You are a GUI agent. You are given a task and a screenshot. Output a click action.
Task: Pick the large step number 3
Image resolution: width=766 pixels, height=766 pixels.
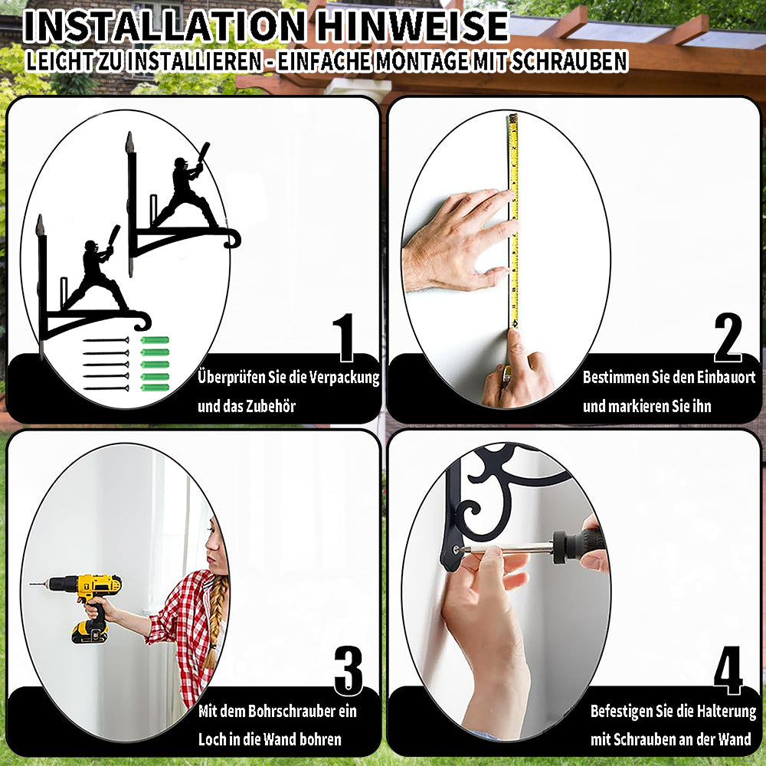(x=349, y=670)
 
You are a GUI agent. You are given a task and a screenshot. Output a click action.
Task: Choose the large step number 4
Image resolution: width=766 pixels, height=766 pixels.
(x=728, y=670)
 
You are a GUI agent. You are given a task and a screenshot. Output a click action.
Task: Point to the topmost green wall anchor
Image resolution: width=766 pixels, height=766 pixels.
(x=155, y=340)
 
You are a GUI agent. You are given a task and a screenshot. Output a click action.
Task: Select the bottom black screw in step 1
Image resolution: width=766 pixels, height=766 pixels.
(x=106, y=388)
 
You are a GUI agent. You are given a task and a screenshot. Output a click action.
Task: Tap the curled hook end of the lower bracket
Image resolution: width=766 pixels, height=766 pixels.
(x=142, y=320)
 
